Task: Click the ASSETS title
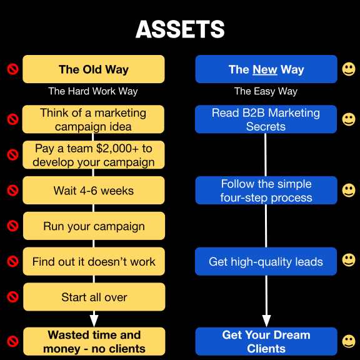click(180, 29)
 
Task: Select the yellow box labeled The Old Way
click(94, 69)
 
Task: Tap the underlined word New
click(265, 69)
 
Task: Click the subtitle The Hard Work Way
click(93, 91)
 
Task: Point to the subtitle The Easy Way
click(266, 91)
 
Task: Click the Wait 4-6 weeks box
click(94, 191)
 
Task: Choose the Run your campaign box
click(94, 226)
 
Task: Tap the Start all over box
click(94, 297)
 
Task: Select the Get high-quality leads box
click(266, 261)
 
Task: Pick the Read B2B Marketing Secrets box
click(266, 119)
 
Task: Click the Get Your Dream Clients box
click(266, 341)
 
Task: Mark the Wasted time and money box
click(94, 341)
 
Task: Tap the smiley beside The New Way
click(349, 69)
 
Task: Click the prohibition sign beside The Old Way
click(12, 69)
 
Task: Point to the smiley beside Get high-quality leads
click(349, 260)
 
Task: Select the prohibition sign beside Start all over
click(12, 297)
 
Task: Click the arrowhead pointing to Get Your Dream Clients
click(266, 321)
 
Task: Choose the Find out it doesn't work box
click(94, 261)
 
